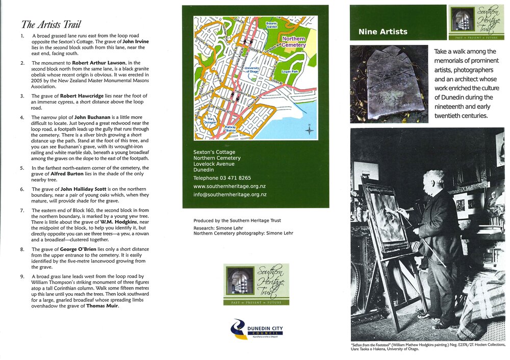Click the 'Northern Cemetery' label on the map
point(294,42)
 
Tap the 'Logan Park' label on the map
point(289,72)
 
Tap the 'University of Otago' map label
point(252,70)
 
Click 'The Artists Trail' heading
point(51,24)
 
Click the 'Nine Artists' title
point(383,32)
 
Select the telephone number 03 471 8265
point(222,178)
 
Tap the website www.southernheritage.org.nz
point(229,186)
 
